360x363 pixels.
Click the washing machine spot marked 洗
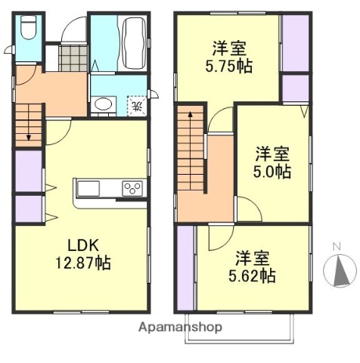(136, 105)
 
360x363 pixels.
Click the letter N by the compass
(339, 247)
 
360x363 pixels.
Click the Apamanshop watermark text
(180, 327)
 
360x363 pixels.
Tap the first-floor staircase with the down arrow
(29, 123)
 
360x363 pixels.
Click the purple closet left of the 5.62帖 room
(185, 268)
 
